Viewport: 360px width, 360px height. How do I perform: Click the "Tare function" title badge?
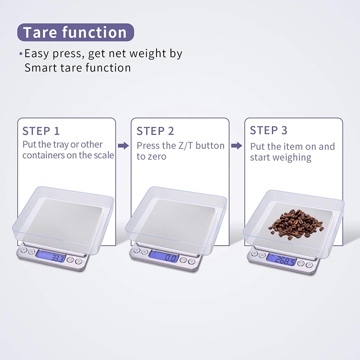76,32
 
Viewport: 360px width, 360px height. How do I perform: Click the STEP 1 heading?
41,131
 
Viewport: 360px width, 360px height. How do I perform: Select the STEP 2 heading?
155,131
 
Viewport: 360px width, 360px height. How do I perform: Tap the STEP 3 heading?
269,130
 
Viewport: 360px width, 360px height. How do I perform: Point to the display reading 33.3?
51,256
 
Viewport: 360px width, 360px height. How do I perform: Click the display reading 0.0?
164,256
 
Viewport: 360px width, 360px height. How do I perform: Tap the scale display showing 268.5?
282,260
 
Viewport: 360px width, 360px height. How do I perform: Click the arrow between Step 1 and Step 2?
123,145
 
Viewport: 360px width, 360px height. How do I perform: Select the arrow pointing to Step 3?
237,145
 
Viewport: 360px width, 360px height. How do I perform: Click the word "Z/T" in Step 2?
186,146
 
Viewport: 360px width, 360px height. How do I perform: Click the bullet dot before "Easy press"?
21,54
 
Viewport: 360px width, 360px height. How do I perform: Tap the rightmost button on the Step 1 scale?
79,261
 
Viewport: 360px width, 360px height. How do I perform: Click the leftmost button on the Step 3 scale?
254,254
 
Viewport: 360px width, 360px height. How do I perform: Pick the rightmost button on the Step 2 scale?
192,261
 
